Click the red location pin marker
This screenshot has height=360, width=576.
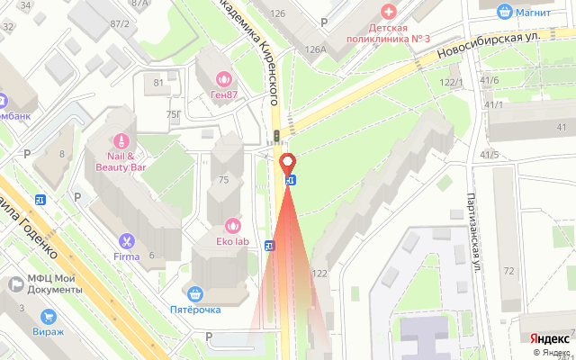(x=289, y=164)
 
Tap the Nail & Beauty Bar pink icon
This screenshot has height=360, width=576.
(x=119, y=141)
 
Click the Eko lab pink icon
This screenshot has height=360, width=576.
(x=232, y=225)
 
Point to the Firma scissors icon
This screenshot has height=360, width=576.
(x=126, y=240)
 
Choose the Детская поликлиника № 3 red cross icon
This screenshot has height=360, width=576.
(x=389, y=11)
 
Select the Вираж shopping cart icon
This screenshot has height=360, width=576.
(x=48, y=316)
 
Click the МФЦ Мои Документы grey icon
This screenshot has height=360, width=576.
(x=16, y=284)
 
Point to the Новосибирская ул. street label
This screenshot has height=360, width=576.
(x=491, y=45)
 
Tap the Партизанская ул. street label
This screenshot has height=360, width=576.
(x=472, y=234)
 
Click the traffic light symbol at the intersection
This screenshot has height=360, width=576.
(x=278, y=136)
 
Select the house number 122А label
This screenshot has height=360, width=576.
(x=319, y=274)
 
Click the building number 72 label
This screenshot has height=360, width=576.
(x=509, y=271)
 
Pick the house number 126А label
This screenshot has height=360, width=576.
(x=315, y=50)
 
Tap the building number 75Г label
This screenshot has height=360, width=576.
(x=173, y=114)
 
